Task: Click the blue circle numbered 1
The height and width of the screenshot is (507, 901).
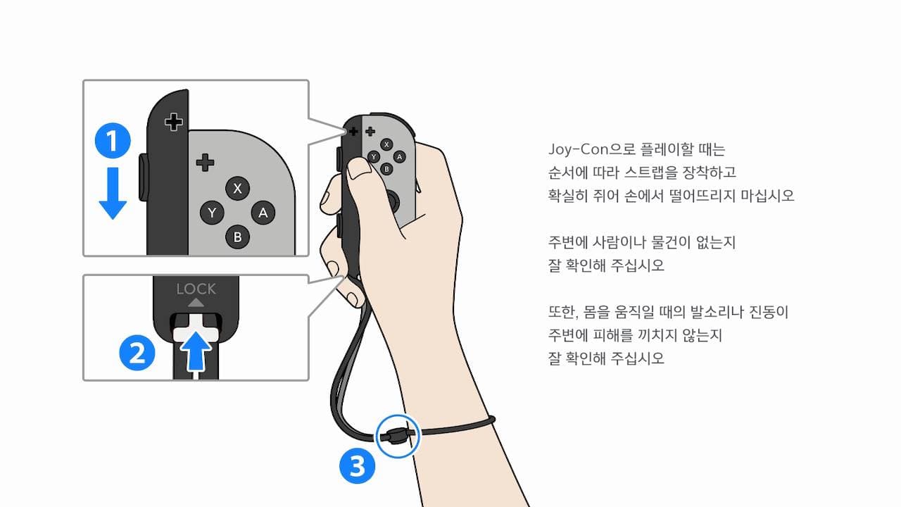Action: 113,140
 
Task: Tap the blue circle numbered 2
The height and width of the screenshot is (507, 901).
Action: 137,353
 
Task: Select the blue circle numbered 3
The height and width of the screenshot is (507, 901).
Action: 357,466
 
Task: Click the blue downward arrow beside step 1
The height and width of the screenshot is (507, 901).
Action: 113,193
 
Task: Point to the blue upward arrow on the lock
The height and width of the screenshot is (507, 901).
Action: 196,351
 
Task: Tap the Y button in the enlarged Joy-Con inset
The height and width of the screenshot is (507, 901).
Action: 212,213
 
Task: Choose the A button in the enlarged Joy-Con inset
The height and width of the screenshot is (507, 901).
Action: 263,213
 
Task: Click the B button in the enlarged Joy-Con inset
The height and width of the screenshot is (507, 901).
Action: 237,237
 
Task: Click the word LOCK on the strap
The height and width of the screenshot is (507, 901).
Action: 196,289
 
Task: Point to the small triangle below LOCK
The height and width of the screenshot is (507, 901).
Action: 196,303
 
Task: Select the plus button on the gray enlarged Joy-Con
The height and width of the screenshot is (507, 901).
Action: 205,163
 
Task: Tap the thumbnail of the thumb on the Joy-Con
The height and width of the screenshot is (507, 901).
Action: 359,168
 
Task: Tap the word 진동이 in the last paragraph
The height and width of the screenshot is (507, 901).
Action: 769,312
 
